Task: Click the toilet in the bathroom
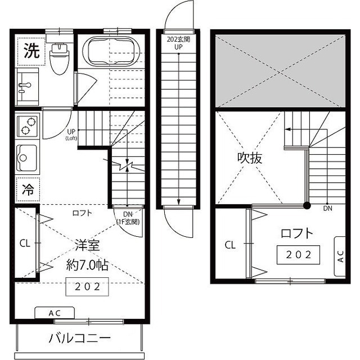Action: [58, 58]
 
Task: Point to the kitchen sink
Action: [27, 157]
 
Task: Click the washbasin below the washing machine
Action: [26, 87]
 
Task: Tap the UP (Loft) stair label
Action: [71, 135]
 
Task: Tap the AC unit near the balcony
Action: [55, 313]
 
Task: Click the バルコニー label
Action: [79, 339]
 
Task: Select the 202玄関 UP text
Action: [178, 44]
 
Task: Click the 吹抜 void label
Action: [249, 158]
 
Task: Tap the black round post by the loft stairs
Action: [307, 205]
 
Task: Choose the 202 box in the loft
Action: [298, 254]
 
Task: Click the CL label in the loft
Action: [230, 245]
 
